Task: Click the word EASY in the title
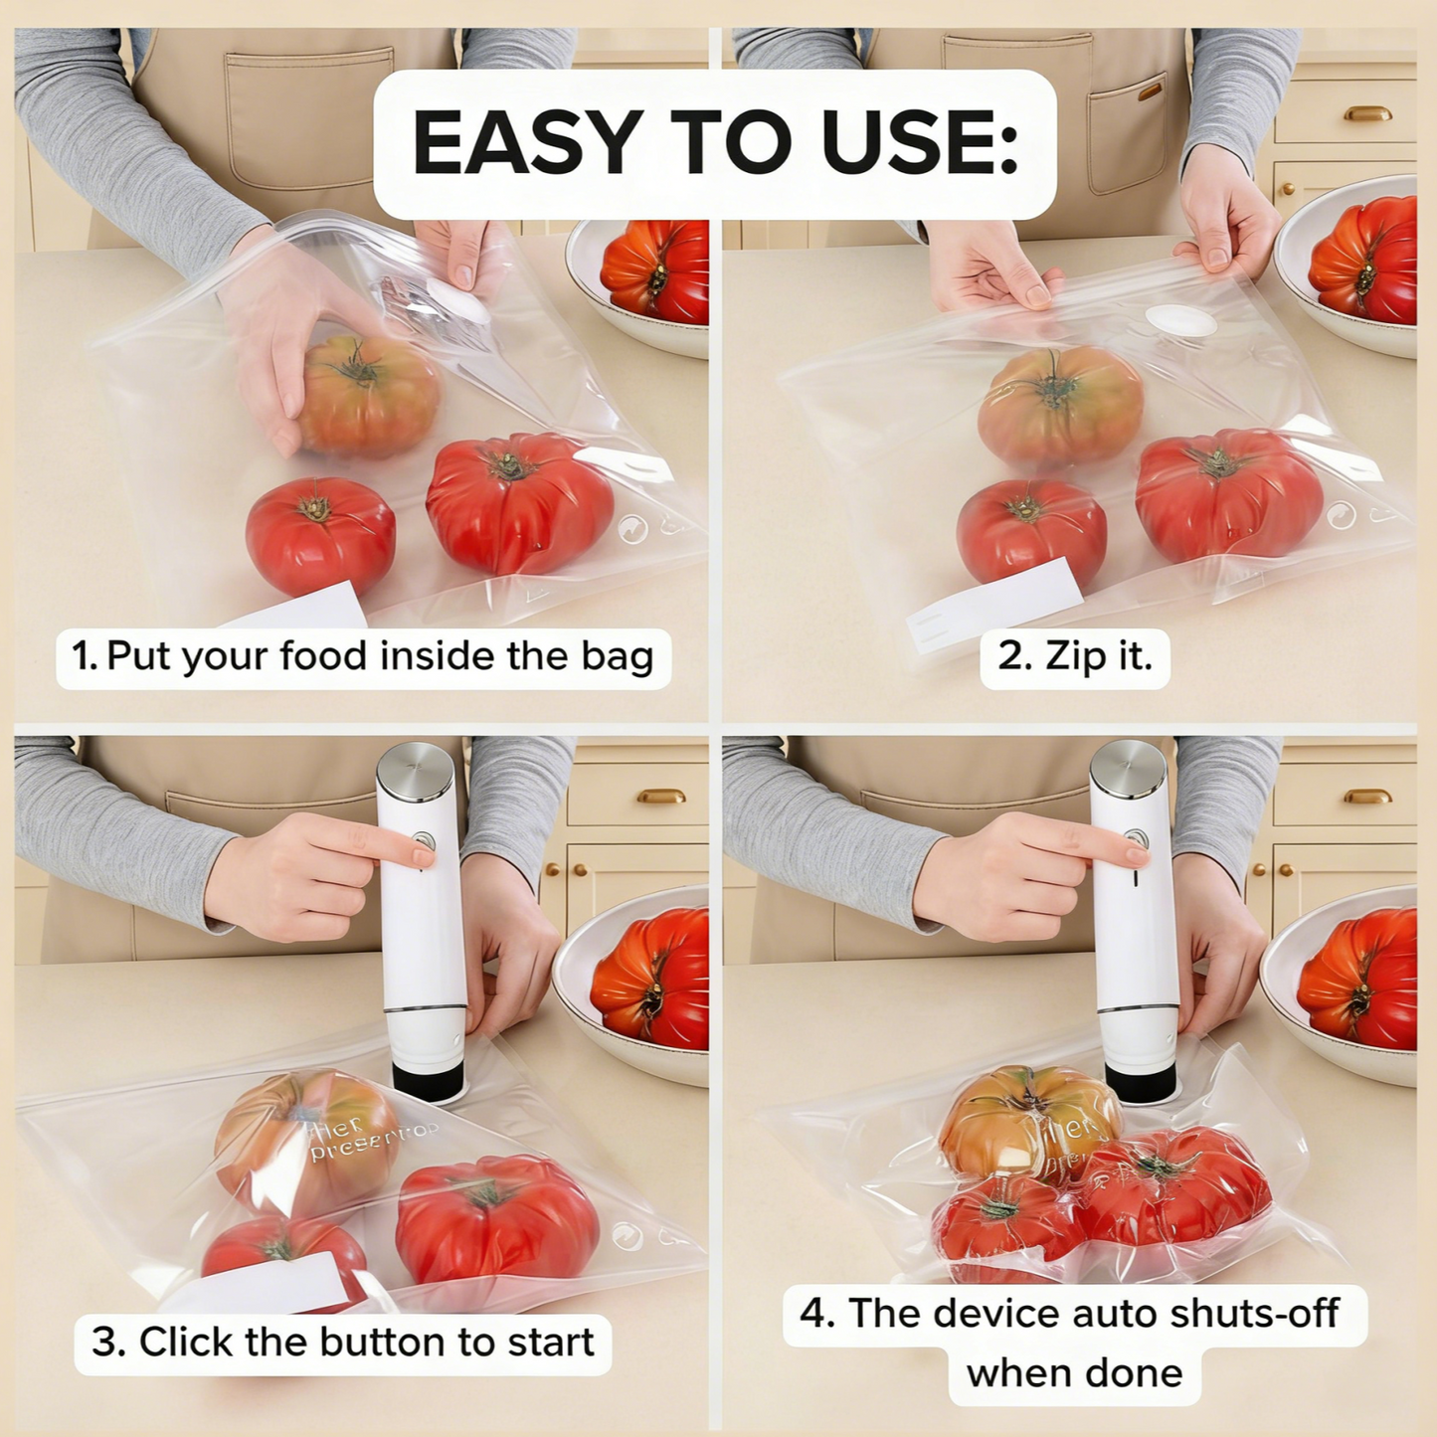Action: (526, 143)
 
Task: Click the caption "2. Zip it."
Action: (1074, 656)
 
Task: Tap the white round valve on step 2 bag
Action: (1180, 320)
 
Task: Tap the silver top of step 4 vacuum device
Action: (1128, 765)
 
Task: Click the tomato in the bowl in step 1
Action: (656, 271)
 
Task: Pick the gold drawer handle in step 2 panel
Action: (1367, 113)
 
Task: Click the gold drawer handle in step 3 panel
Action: (661, 796)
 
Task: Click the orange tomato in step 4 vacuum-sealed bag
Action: (1024, 1119)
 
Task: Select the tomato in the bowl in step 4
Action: (1359, 979)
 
